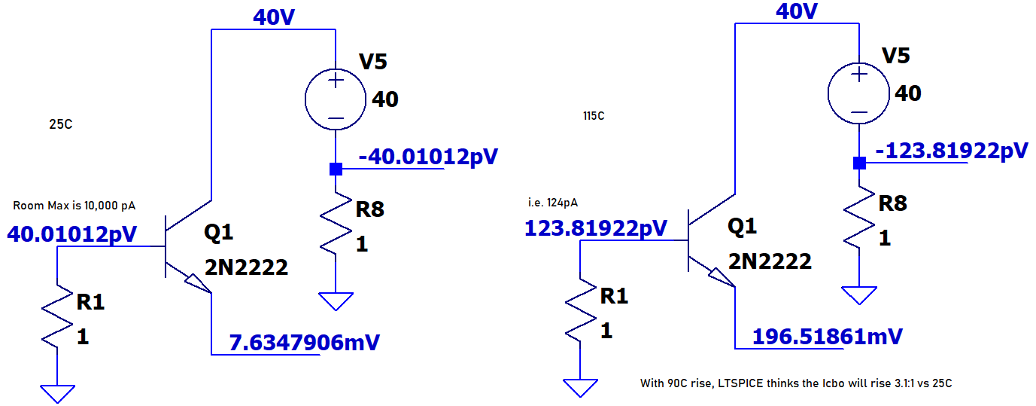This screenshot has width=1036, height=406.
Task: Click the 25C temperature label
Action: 61,124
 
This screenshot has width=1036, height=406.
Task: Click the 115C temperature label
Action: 593,116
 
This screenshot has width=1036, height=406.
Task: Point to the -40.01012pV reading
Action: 429,157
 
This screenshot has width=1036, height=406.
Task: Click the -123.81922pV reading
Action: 951,150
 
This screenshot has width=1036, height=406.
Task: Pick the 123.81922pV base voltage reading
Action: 595,227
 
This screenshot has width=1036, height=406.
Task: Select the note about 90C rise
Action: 796,383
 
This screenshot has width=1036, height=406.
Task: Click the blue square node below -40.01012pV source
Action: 336,169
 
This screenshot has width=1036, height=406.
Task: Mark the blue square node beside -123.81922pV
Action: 858,163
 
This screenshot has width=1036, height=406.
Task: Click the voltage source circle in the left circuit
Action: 336,99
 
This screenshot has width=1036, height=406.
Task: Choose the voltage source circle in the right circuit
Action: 858,93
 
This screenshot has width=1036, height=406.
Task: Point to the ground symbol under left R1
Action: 58,392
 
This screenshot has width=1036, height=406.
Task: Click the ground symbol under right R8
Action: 858,295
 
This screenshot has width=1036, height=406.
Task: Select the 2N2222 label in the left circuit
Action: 246,267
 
